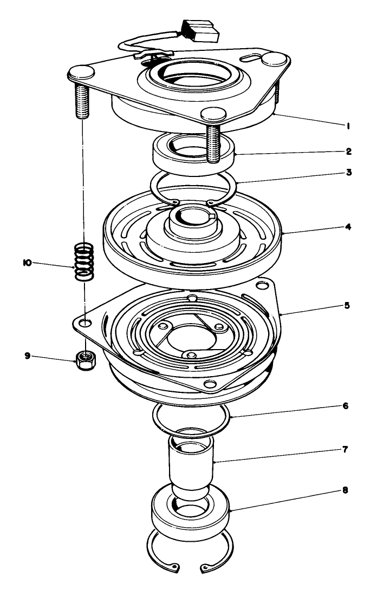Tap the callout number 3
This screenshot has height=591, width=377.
[x=349, y=173]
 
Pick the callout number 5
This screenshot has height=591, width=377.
[x=347, y=305]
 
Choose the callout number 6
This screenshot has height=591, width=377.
[x=346, y=405]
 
